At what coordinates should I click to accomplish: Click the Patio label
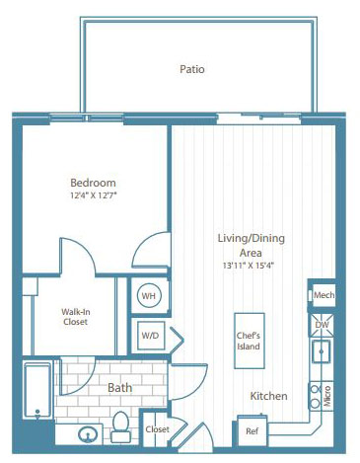click(x=192, y=69)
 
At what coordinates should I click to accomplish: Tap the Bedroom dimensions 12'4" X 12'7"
click(x=94, y=195)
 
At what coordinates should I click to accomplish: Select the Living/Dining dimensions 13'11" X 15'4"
click(x=249, y=266)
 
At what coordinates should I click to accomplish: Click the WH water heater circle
click(x=149, y=295)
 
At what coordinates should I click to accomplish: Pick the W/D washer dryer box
click(x=151, y=336)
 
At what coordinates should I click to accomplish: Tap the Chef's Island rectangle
click(x=250, y=341)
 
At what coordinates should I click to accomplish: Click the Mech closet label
click(x=324, y=295)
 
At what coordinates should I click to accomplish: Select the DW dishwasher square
click(x=322, y=325)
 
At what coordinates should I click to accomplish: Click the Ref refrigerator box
click(x=252, y=430)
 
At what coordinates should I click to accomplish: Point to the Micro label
click(x=327, y=396)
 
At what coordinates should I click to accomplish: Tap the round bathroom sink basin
click(x=88, y=434)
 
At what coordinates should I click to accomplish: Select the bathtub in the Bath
click(x=37, y=390)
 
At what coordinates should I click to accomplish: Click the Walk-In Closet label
click(x=76, y=317)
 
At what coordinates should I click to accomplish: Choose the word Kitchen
click(x=268, y=396)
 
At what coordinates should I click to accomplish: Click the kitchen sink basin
click(x=322, y=351)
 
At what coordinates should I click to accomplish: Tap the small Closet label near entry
click(x=158, y=429)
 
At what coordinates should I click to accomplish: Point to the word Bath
click(x=119, y=388)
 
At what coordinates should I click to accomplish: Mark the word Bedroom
click(x=93, y=183)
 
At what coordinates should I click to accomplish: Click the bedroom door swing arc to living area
click(x=142, y=243)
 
